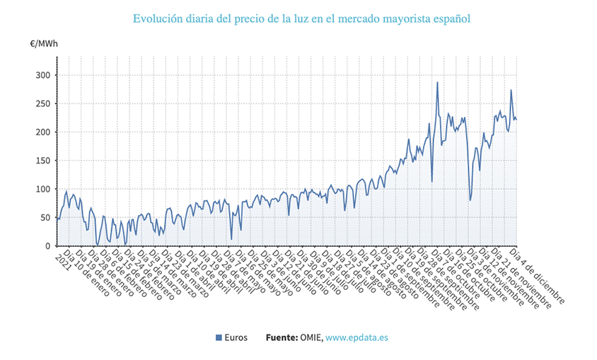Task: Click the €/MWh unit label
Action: point(44,44)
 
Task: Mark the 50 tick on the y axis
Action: point(44,218)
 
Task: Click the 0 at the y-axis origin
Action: point(47,247)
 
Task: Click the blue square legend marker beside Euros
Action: point(219,338)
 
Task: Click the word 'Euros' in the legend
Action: point(236,338)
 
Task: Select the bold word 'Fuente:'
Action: point(282,338)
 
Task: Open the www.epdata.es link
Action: point(357,338)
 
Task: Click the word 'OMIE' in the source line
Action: point(311,338)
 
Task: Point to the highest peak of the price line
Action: point(437,82)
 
